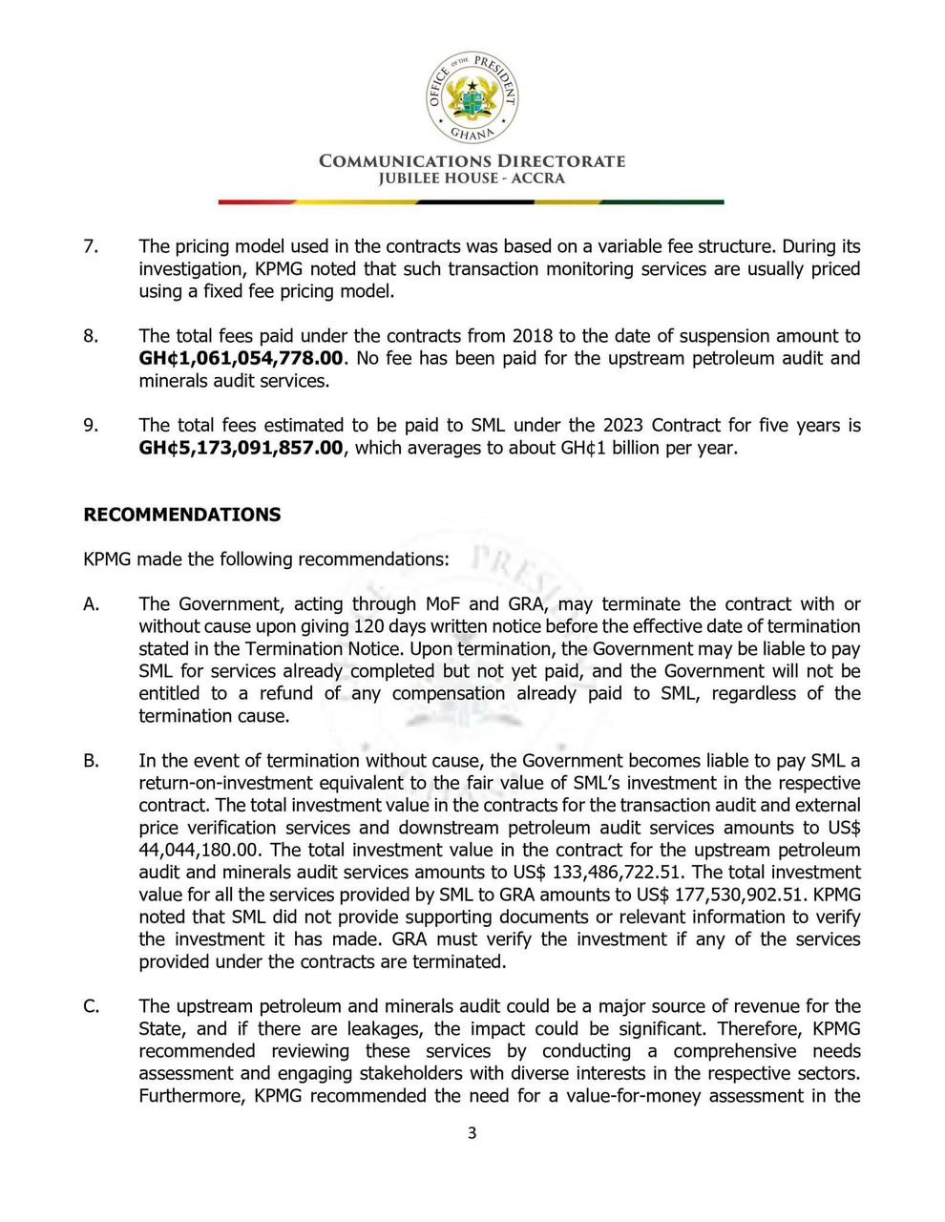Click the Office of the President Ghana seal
pos(472,95)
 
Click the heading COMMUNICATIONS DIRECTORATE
pos(472,160)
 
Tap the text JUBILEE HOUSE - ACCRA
pos(472,179)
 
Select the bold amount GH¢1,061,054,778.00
pos(241,359)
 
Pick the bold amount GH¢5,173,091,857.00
pos(241,448)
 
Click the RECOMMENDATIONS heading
pos(182,515)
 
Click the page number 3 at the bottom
pos(472,1133)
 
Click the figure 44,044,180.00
pos(202,851)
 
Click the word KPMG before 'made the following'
pos(108,559)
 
